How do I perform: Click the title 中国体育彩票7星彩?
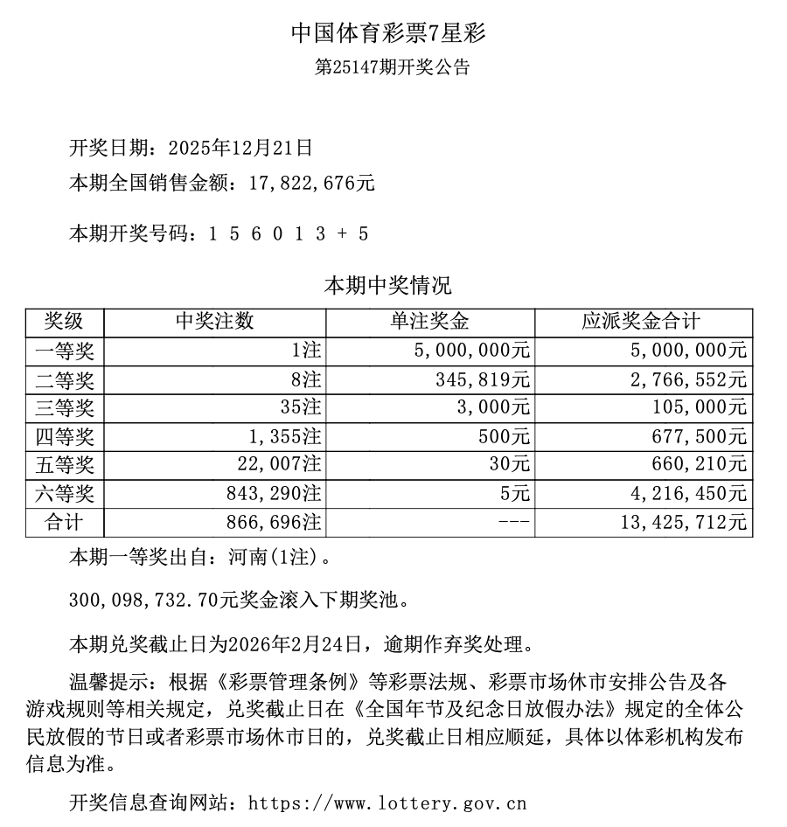click(387, 33)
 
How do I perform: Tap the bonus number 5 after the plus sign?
click(363, 233)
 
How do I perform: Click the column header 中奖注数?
click(214, 322)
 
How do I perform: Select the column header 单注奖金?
click(429, 322)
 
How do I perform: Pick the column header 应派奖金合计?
click(643, 322)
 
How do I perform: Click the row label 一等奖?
click(64, 351)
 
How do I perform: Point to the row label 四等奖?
click(64, 436)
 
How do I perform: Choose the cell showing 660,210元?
click(703, 464)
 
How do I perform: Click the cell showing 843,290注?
click(269, 493)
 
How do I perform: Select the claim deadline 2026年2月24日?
click(294, 645)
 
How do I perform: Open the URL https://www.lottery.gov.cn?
click(387, 802)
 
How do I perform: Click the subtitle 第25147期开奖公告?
click(392, 67)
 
